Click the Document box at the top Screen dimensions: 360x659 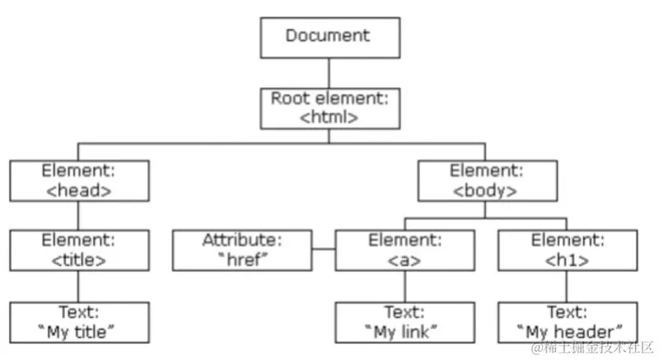click(x=329, y=36)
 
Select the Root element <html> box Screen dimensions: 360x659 click(x=329, y=107)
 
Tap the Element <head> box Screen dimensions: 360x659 click(x=80, y=180)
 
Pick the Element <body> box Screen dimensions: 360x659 click(x=484, y=180)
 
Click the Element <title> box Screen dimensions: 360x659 click(x=80, y=250)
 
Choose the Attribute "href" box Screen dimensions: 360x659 click(x=242, y=250)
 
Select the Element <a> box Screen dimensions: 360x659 click(x=404, y=250)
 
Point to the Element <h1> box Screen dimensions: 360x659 click(x=566, y=250)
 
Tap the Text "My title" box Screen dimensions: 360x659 click(x=80, y=322)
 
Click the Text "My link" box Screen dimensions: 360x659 click(x=404, y=322)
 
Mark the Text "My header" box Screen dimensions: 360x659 click(x=566, y=322)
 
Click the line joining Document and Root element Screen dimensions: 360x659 click(x=329, y=72)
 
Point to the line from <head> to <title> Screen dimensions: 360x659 click(x=78, y=216)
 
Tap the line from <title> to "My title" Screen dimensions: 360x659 click(x=78, y=287)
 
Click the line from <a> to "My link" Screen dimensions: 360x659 click(x=404, y=287)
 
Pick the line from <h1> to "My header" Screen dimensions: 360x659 click(x=566, y=287)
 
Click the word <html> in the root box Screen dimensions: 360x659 click(x=329, y=117)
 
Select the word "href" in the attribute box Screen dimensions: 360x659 click(x=242, y=259)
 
